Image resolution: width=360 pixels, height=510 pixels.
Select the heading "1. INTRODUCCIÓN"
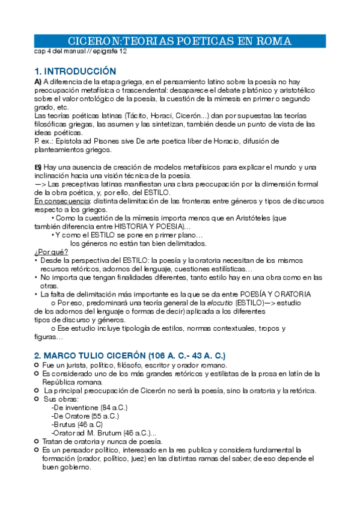click(75, 70)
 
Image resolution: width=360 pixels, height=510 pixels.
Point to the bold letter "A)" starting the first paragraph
click(38, 81)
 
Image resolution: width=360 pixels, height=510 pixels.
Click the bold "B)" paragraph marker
click(38, 167)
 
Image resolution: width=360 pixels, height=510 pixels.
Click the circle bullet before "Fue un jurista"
click(37, 365)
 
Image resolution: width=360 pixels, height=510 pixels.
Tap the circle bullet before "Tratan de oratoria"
click(37, 441)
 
